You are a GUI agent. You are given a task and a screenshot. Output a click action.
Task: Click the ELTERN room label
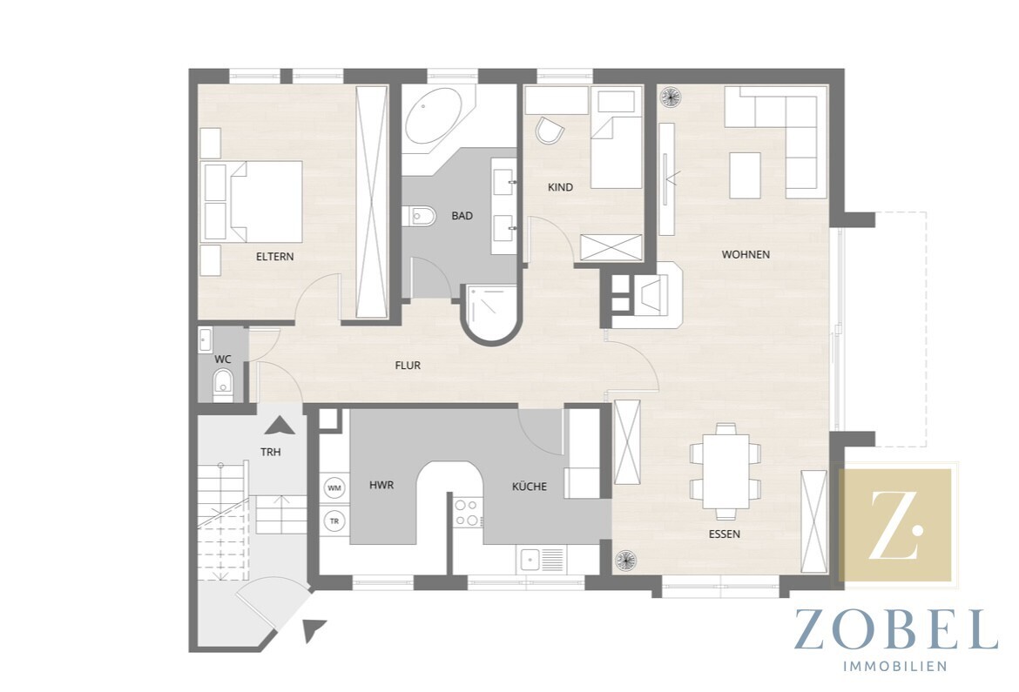click(274, 257)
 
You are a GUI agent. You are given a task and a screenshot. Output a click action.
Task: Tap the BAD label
click(462, 216)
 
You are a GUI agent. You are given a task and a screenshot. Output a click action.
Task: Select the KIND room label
click(560, 187)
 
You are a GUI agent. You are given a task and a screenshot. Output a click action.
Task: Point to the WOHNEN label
click(746, 255)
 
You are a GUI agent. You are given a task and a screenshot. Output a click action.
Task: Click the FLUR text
click(408, 366)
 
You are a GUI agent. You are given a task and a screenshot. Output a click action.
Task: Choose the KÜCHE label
click(529, 487)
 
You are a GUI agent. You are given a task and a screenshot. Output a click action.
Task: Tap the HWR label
click(381, 486)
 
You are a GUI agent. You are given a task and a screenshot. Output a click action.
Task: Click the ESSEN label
click(724, 534)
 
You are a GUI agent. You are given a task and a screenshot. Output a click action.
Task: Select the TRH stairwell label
click(270, 453)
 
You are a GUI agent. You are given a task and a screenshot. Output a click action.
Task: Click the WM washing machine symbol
click(334, 487)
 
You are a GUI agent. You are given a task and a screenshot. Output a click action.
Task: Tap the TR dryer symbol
click(334, 521)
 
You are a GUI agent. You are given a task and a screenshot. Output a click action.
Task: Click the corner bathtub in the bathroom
click(434, 118)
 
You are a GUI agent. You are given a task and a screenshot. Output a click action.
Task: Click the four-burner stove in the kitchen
click(467, 512)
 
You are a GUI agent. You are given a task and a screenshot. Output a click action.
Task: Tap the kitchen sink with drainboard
click(541, 560)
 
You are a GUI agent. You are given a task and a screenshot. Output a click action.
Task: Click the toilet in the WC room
click(222, 384)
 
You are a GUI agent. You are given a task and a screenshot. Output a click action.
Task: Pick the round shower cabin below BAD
click(490, 314)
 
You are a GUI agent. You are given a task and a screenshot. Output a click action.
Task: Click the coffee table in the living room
click(745, 176)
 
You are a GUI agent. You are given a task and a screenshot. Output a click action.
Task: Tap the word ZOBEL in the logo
click(895, 629)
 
